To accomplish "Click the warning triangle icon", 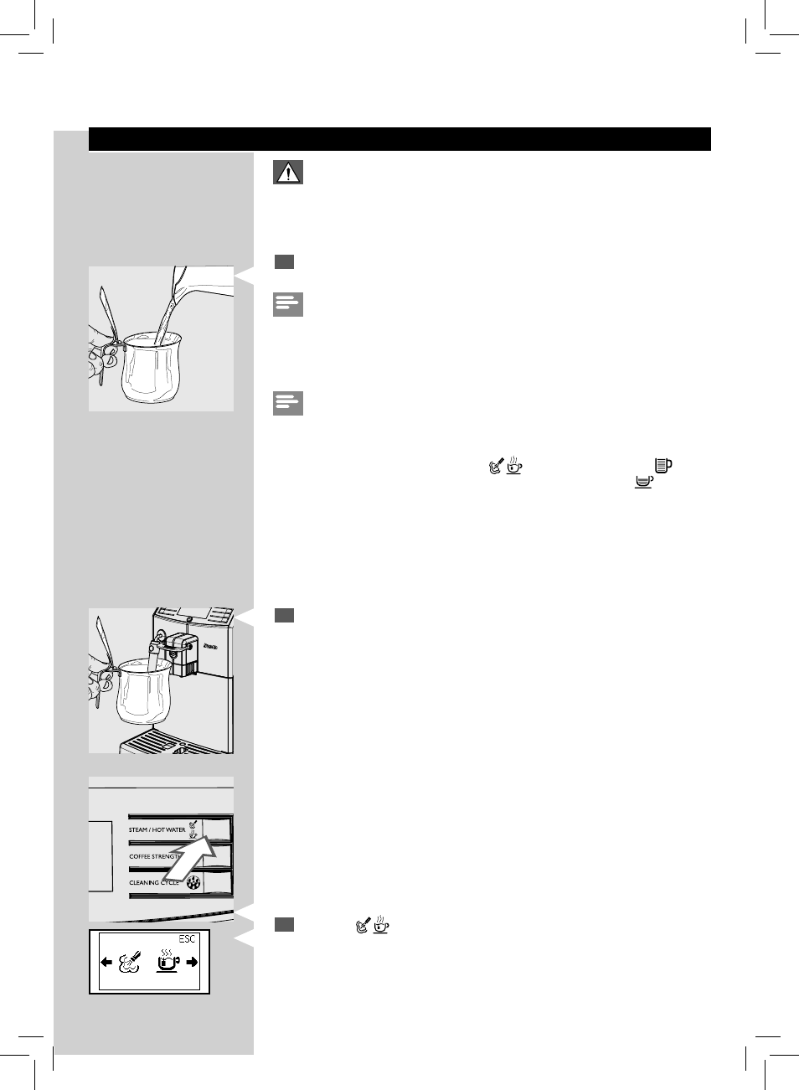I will pos(287,173).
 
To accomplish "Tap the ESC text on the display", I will pos(187,939).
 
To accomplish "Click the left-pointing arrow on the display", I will pos(106,963).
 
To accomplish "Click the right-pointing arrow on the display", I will pos(192,963).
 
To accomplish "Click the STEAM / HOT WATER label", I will pos(157,830).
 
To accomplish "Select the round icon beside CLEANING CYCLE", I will pos(193,882).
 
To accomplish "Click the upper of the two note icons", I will pos(287,304).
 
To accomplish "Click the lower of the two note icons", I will pos(287,403).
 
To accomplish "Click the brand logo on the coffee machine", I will pos(209,645).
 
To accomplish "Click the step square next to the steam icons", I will pos(284,925).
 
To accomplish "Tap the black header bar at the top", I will pos(399,139).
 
